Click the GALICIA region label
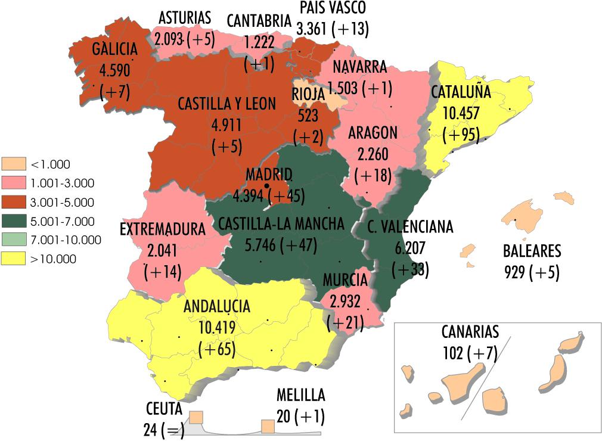tap(114, 49)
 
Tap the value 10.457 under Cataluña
tap(461, 113)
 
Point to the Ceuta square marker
tap(196, 417)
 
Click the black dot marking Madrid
tap(266, 187)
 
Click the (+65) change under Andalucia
tap(218, 349)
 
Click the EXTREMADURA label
tap(163, 229)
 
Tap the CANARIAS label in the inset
tap(470, 332)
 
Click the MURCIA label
tap(345, 280)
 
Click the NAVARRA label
tap(360, 67)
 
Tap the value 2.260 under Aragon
tap(373, 155)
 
